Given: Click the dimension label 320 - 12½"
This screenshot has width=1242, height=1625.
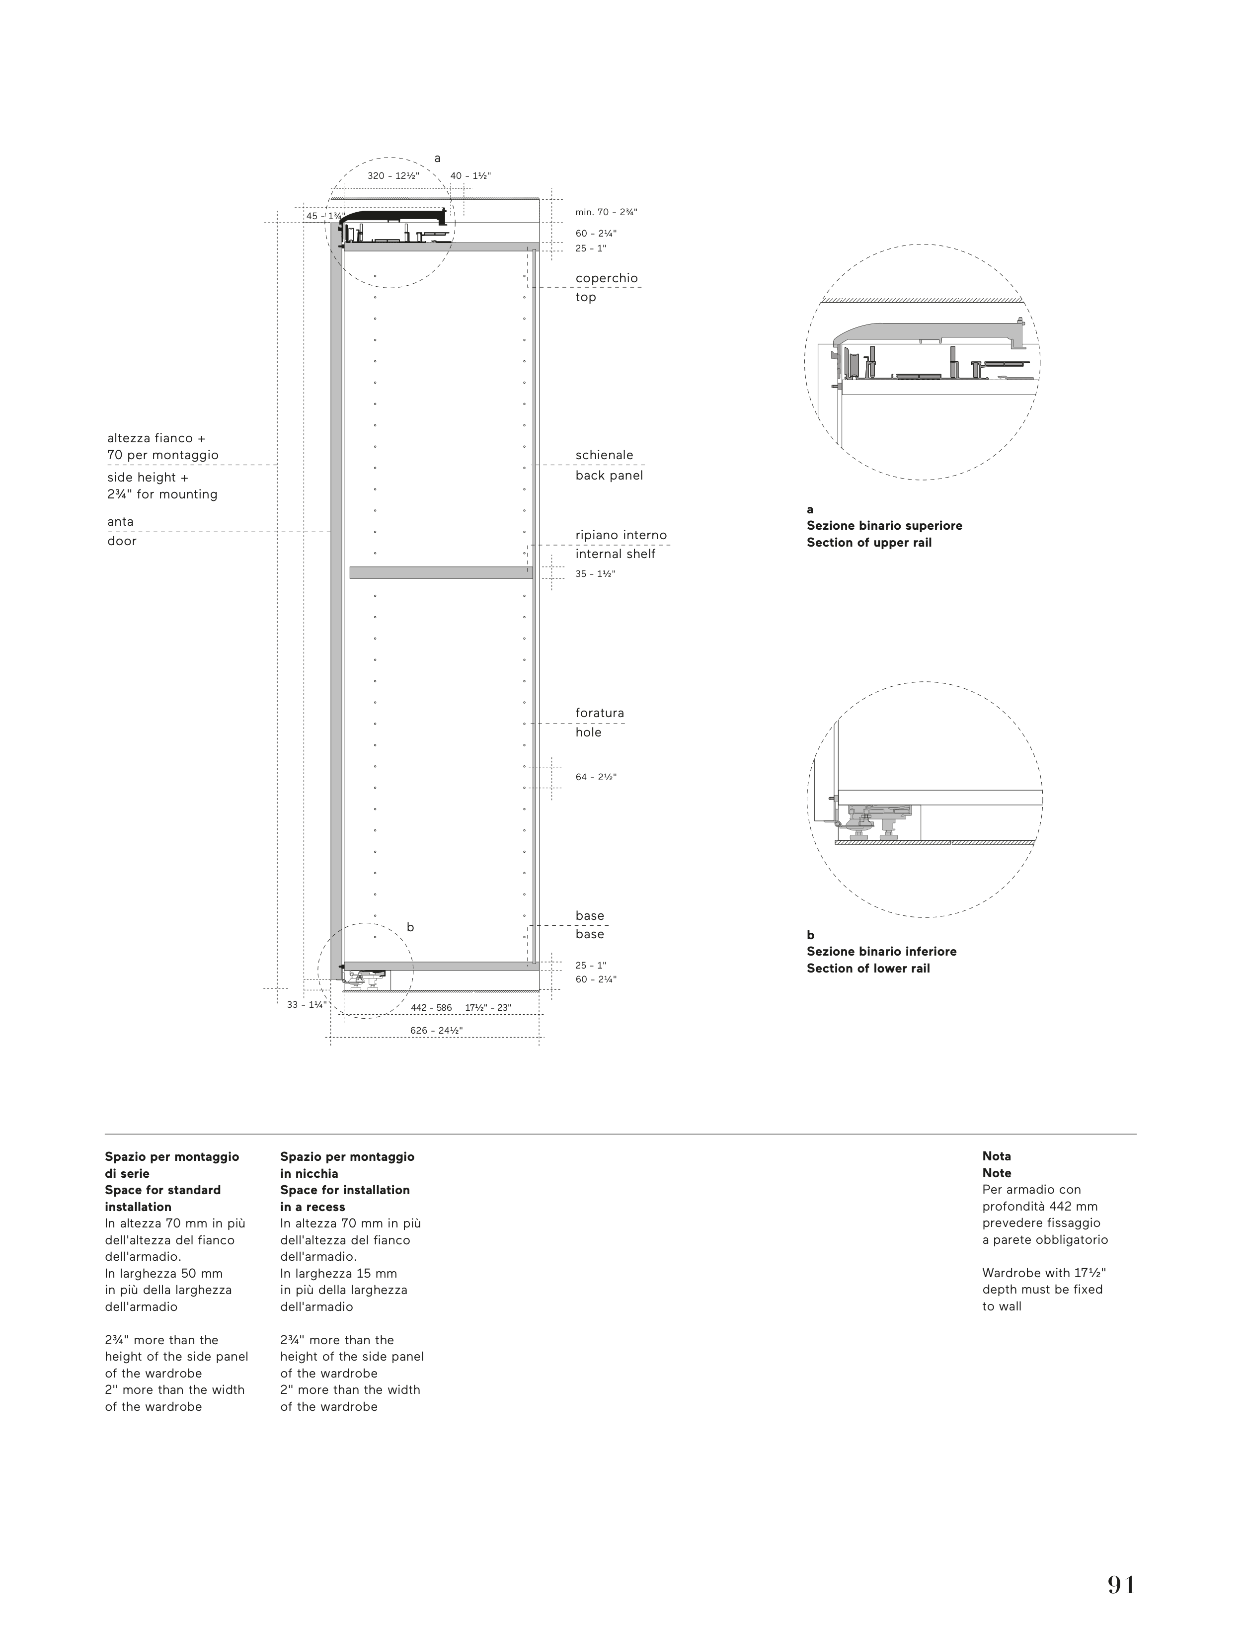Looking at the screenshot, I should coord(393,176).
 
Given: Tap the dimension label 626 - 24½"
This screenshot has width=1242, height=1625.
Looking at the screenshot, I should coord(436,1030).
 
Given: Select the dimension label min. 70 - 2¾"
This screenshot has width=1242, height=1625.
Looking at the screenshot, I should coord(606,212).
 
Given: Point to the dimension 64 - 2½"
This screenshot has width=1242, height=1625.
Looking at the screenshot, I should coord(596,777).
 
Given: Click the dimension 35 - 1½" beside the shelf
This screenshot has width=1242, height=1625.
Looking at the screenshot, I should coord(595,573).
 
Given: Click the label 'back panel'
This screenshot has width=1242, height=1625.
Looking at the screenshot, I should coord(609,476).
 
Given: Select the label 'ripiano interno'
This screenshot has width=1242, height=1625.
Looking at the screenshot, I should coord(621,535).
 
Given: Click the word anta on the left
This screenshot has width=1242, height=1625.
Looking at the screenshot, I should coord(121,521).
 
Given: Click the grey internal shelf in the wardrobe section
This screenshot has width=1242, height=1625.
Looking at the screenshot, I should coord(441,572).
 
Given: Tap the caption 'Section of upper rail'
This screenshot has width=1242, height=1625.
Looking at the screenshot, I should coord(869,543).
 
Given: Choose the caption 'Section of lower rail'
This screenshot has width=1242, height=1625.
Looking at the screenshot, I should coord(868,969).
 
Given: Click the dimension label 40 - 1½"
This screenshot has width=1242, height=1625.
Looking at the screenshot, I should coord(470,176).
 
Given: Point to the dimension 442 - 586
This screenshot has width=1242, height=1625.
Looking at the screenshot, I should coord(431,1008).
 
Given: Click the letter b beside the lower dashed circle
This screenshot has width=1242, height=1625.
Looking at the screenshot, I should coord(410,927).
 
